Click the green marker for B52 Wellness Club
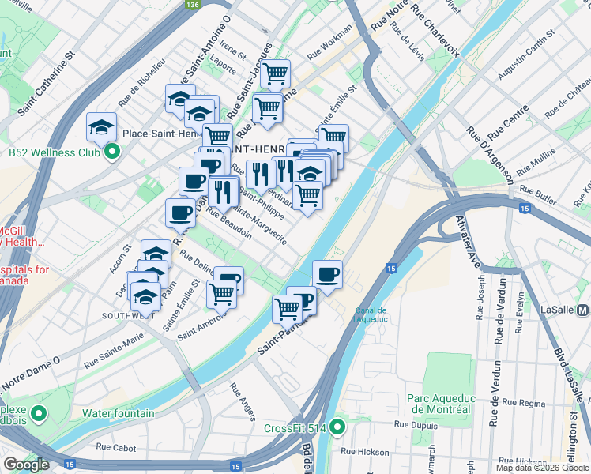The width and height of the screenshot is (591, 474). (x=111, y=152)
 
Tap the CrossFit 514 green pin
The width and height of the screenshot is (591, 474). (x=338, y=428)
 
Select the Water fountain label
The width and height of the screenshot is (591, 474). (x=119, y=413)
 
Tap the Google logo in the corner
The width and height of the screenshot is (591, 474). (x=26, y=465)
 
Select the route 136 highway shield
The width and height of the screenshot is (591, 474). (x=192, y=5)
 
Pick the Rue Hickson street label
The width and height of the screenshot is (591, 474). (x=364, y=452)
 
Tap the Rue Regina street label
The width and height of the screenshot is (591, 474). (x=524, y=404)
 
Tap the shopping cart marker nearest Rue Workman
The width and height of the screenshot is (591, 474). (x=275, y=74)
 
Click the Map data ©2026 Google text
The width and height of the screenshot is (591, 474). (x=541, y=468)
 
